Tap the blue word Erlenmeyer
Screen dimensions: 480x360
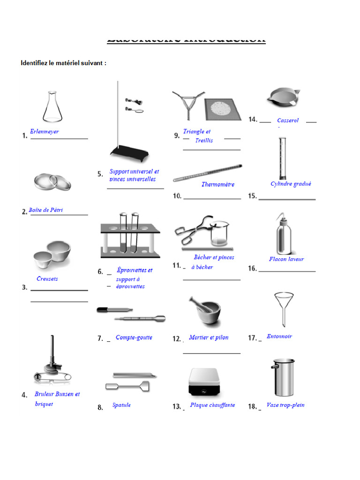pos(45,132)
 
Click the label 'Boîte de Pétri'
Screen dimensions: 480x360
pos(45,210)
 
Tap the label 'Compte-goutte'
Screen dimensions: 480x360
pos(134,337)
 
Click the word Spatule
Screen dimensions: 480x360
pos(121,405)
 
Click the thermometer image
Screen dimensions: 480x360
pos(208,173)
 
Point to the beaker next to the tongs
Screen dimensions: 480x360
pos(219,234)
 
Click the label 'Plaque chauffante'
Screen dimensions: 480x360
pos(212,405)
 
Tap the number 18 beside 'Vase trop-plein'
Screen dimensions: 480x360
pos(253,406)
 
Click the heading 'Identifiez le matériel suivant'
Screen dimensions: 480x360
pos(63,63)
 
